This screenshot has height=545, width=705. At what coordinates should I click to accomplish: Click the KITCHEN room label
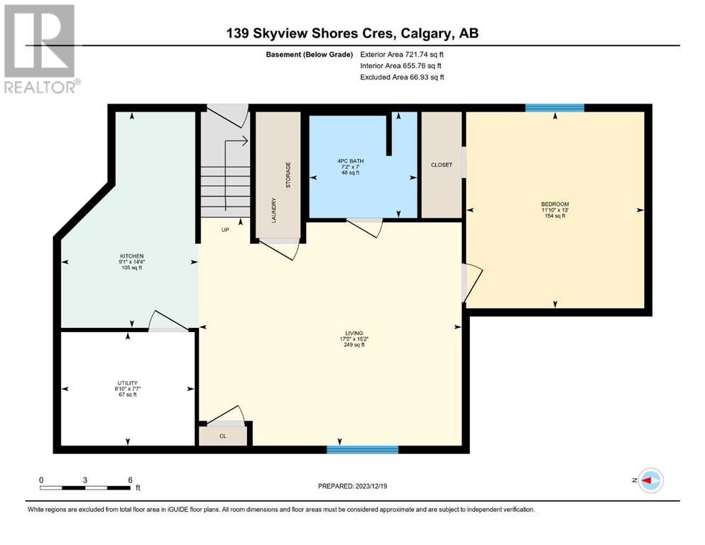point(132,256)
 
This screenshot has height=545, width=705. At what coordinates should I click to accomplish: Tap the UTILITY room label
point(128,383)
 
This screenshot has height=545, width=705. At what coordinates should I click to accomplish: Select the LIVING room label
point(354,334)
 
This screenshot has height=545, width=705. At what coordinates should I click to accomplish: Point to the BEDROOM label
point(554,204)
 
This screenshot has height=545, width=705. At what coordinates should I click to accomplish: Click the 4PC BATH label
point(351,161)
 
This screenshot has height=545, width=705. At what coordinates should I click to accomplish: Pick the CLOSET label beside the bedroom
point(442,165)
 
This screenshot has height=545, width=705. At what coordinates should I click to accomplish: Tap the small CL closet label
point(223,436)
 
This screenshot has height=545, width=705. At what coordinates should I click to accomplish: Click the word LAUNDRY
point(274,210)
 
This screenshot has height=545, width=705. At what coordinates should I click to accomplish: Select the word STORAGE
point(288,175)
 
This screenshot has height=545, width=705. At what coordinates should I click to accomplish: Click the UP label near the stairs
point(225,230)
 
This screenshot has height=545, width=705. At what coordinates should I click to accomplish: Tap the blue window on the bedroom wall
point(554,108)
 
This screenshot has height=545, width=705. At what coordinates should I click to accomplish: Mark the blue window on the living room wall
point(362,449)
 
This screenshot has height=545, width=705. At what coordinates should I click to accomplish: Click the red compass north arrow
point(647,480)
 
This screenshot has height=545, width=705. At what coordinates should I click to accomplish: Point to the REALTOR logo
point(40,48)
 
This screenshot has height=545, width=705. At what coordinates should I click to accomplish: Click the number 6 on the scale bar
point(131,480)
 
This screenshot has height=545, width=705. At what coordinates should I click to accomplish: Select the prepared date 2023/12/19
point(371,486)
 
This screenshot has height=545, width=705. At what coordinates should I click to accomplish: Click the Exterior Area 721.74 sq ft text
point(402,55)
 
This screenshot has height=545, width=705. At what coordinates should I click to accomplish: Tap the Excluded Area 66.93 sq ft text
point(402,77)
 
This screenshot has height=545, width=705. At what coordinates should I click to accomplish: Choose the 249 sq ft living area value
point(354,345)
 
